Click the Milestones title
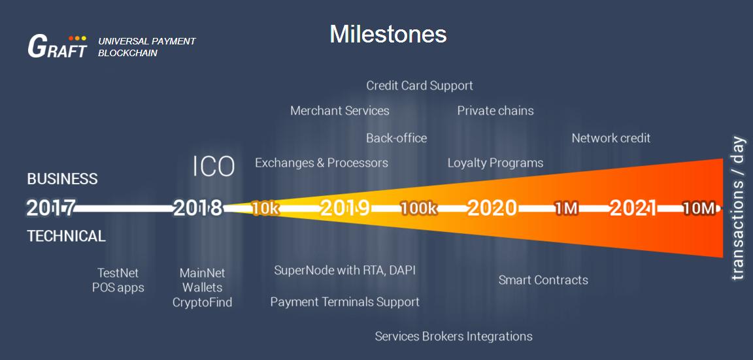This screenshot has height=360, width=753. tap(388, 35)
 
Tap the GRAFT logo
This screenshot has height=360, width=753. tap(58, 46)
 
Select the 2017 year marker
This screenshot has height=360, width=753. tap(50, 208)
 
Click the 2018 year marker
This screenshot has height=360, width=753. tap(198, 208)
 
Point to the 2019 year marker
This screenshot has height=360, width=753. tap(345, 208)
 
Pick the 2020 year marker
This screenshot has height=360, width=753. tap(492, 208)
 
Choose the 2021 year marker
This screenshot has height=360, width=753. tap(633, 208)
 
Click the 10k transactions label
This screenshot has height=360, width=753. tap(265, 209)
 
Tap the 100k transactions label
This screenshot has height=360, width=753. tap(419, 209)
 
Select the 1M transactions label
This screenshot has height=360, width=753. tap(566, 209)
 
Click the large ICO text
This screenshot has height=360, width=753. tap(214, 167)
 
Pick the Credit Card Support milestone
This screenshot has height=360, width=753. tap(420, 86)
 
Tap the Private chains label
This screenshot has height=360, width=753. tap(495, 111)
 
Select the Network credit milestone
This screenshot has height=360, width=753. tap(611, 139)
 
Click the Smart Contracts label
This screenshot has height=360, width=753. tap(543, 280)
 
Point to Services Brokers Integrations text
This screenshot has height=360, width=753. tap(454, 336)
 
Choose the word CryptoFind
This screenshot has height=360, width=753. tap(202, 303)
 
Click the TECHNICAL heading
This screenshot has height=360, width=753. tap(66, 236)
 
